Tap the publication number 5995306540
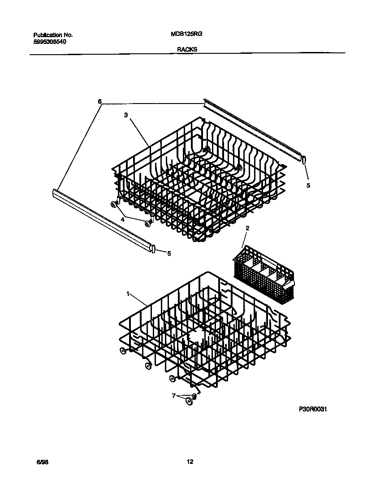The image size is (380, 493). click(50, 42)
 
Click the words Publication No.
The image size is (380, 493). click(53, 35)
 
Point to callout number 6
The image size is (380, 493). click(99, 101)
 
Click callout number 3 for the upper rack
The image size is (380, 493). click(126, 115)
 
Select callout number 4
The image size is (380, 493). click(122, 219)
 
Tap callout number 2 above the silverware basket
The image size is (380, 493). click(247, 228)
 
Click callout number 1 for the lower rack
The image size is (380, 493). click(128, 294)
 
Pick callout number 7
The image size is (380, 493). click(173, 396)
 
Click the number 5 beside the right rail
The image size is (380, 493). click(307, 185)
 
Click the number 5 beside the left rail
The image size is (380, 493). click(168, 253)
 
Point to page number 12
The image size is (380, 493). click(190, 462)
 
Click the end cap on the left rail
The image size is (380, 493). click(154, 249)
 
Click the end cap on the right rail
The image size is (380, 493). click(303, 159)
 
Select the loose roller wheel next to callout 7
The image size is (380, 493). click(190, 401)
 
